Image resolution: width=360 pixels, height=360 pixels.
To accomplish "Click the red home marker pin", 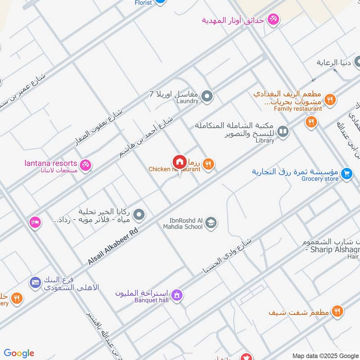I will tap(179, 162).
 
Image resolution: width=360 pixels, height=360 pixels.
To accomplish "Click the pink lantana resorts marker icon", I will tap(85, 165).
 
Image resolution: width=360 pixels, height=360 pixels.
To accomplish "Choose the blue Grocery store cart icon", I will tap(346, 173).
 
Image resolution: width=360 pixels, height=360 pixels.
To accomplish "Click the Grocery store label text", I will tap(320, 179).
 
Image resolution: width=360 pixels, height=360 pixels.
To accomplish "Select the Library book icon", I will tap(283, 131).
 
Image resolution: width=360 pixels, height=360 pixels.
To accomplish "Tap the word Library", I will tap(264, 140).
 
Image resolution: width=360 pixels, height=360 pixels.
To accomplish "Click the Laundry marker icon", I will tap(207, 95).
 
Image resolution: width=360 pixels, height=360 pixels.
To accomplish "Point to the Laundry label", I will tap(188, 101).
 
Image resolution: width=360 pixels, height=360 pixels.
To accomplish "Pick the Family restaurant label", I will tap(298, 108).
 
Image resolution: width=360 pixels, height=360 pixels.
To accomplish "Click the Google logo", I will tap(19, 353).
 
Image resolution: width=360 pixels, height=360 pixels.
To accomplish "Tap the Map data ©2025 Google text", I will tap(325, 355).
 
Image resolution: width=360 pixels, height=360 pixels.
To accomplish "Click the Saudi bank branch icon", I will tap(35, 283).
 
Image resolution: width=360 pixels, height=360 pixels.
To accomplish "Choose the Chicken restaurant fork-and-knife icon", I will tap(207, 164).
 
